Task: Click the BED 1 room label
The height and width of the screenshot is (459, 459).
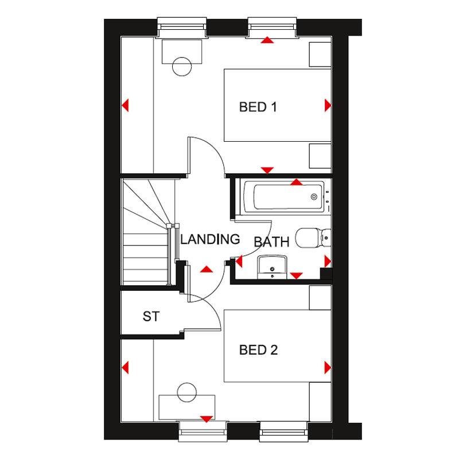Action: pos(258,107)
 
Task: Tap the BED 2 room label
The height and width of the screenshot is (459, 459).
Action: pos(258,350)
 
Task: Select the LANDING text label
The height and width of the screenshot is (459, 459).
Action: pos(210,239)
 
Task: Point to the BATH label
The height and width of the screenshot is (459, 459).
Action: pos(271,242)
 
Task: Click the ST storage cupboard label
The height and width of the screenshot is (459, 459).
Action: pos(151,317)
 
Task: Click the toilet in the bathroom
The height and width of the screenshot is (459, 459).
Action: pos(313,238)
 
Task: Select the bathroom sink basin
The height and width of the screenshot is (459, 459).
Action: pos(272,267)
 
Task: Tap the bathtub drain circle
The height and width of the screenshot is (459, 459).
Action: pos(314,197)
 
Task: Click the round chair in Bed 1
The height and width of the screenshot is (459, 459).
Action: pos(182,67)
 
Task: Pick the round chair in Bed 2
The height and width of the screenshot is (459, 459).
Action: pos(187,392)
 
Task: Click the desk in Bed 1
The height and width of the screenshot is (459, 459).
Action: pos(182,52)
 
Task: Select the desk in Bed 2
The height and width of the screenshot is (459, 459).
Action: pos(187,407)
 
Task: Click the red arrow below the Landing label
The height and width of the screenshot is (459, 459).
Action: pos(207,269)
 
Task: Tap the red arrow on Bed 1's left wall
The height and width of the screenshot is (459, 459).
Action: pos(125,106)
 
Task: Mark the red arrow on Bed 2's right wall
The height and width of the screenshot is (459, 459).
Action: pos(328,367)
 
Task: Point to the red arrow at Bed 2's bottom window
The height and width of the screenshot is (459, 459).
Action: pos(207,419)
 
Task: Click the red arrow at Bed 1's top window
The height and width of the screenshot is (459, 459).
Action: pos(267,40)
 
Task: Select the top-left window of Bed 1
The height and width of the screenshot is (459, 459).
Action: pos(182,28)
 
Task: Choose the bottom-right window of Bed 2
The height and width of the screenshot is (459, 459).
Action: pos(283,431)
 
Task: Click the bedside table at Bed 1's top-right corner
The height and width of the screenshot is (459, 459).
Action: pos(320,55)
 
